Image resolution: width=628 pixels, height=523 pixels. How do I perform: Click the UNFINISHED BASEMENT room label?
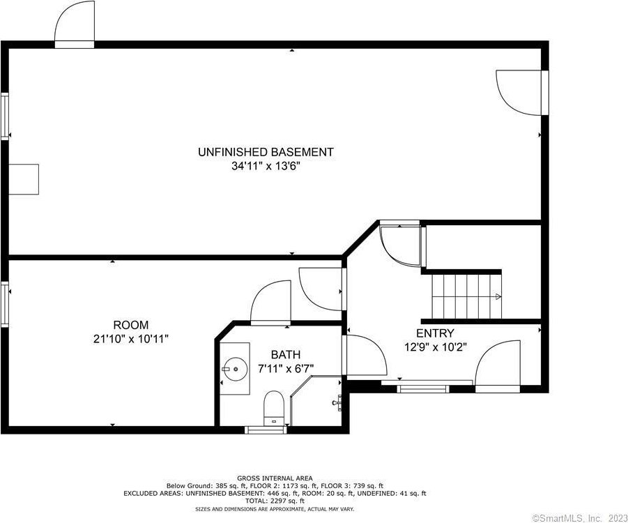click(266, 152)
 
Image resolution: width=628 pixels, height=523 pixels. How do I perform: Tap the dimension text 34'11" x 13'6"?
click(266, 167)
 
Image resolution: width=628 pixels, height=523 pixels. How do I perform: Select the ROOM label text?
click(130, 325)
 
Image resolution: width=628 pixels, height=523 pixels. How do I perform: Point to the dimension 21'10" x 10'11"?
click(130, 339)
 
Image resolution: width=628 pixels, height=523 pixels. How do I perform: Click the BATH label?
click(286, 355)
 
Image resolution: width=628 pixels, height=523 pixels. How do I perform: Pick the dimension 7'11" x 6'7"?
click(286, 369)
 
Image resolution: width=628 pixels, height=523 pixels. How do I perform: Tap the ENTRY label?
click(435, 333)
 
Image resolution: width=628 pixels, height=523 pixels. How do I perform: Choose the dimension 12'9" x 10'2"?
click(436, 347)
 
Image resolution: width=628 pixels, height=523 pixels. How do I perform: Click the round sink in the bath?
click(236, 369)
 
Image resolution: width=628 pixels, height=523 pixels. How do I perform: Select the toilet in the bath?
click(273, 408)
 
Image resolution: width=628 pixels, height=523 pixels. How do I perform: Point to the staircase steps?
click(466, 296)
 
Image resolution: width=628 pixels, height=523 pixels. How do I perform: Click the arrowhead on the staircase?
click(498, 296)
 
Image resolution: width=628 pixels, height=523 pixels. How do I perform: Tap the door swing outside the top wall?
click(74, 21)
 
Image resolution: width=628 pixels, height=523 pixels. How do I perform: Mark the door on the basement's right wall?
click(520, 93)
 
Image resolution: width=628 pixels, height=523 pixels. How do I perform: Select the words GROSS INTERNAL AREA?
click(275, 478)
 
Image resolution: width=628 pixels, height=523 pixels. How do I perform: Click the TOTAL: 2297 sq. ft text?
click(275, 501)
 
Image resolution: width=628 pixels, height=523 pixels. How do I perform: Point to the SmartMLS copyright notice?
click(579, 517)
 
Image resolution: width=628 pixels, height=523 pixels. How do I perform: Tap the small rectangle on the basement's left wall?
click(24, 179)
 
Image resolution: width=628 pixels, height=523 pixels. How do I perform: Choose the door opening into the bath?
click(270, 301)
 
